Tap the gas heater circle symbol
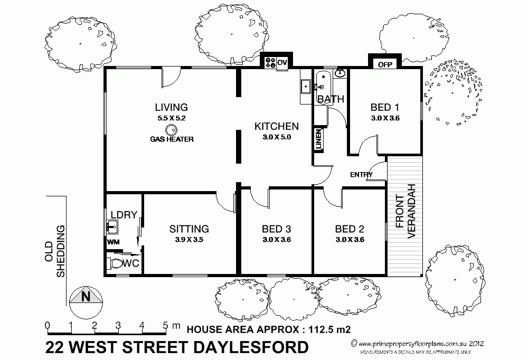[171, 129]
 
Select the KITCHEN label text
[277, 127]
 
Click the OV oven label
[282, 62]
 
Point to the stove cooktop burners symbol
[269, 62]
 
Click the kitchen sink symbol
[305, 85]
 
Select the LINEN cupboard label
[318, 140]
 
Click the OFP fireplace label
[384, 65]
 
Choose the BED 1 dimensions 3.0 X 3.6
[385, 118]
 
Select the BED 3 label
[277, 229]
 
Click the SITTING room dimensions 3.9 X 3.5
[188, 240]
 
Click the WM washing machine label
[114, 242]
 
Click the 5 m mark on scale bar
[166, 325]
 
